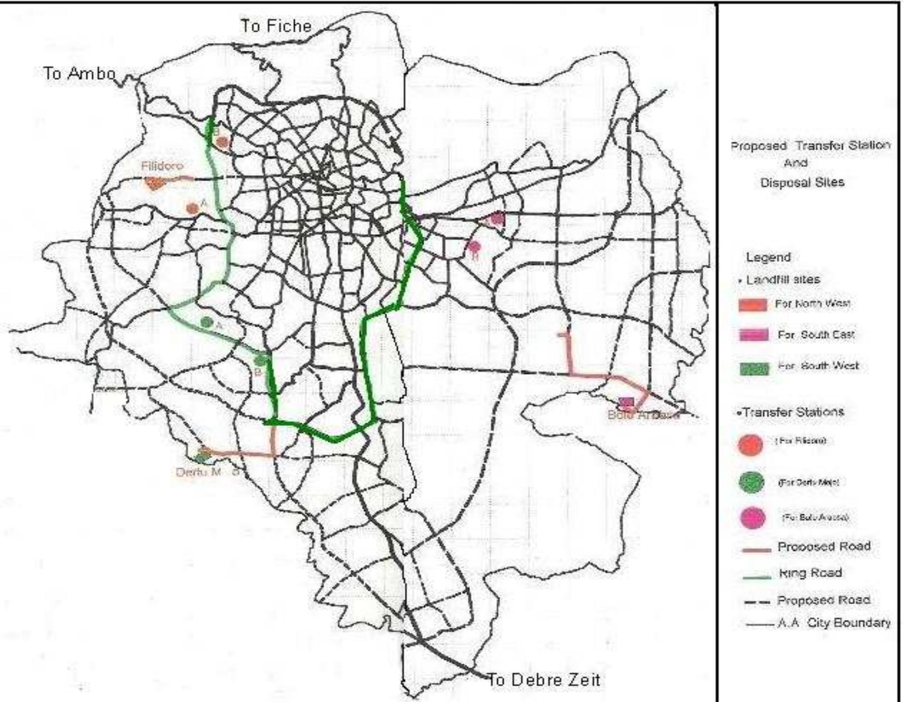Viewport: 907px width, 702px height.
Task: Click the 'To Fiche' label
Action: point(276,26)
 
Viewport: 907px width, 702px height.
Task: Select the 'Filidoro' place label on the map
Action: point(162,166)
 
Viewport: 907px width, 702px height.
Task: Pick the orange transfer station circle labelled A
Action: point(193,209)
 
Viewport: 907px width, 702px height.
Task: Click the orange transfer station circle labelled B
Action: point(223,142)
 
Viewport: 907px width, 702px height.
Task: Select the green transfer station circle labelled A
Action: point(207,322)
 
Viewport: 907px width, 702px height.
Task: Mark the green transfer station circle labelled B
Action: point(260,360)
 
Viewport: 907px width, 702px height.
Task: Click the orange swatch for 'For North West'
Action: point(753,305)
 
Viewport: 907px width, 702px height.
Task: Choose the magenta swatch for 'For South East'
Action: point(754,335)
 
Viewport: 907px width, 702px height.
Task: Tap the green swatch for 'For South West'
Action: point(754,369)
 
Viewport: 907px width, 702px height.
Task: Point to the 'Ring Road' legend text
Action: point(810,573)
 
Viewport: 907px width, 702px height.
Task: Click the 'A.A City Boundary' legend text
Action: point(834,623)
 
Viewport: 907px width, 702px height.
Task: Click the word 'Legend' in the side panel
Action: point(768,257)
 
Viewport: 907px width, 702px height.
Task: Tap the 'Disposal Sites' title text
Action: point(802,183)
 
